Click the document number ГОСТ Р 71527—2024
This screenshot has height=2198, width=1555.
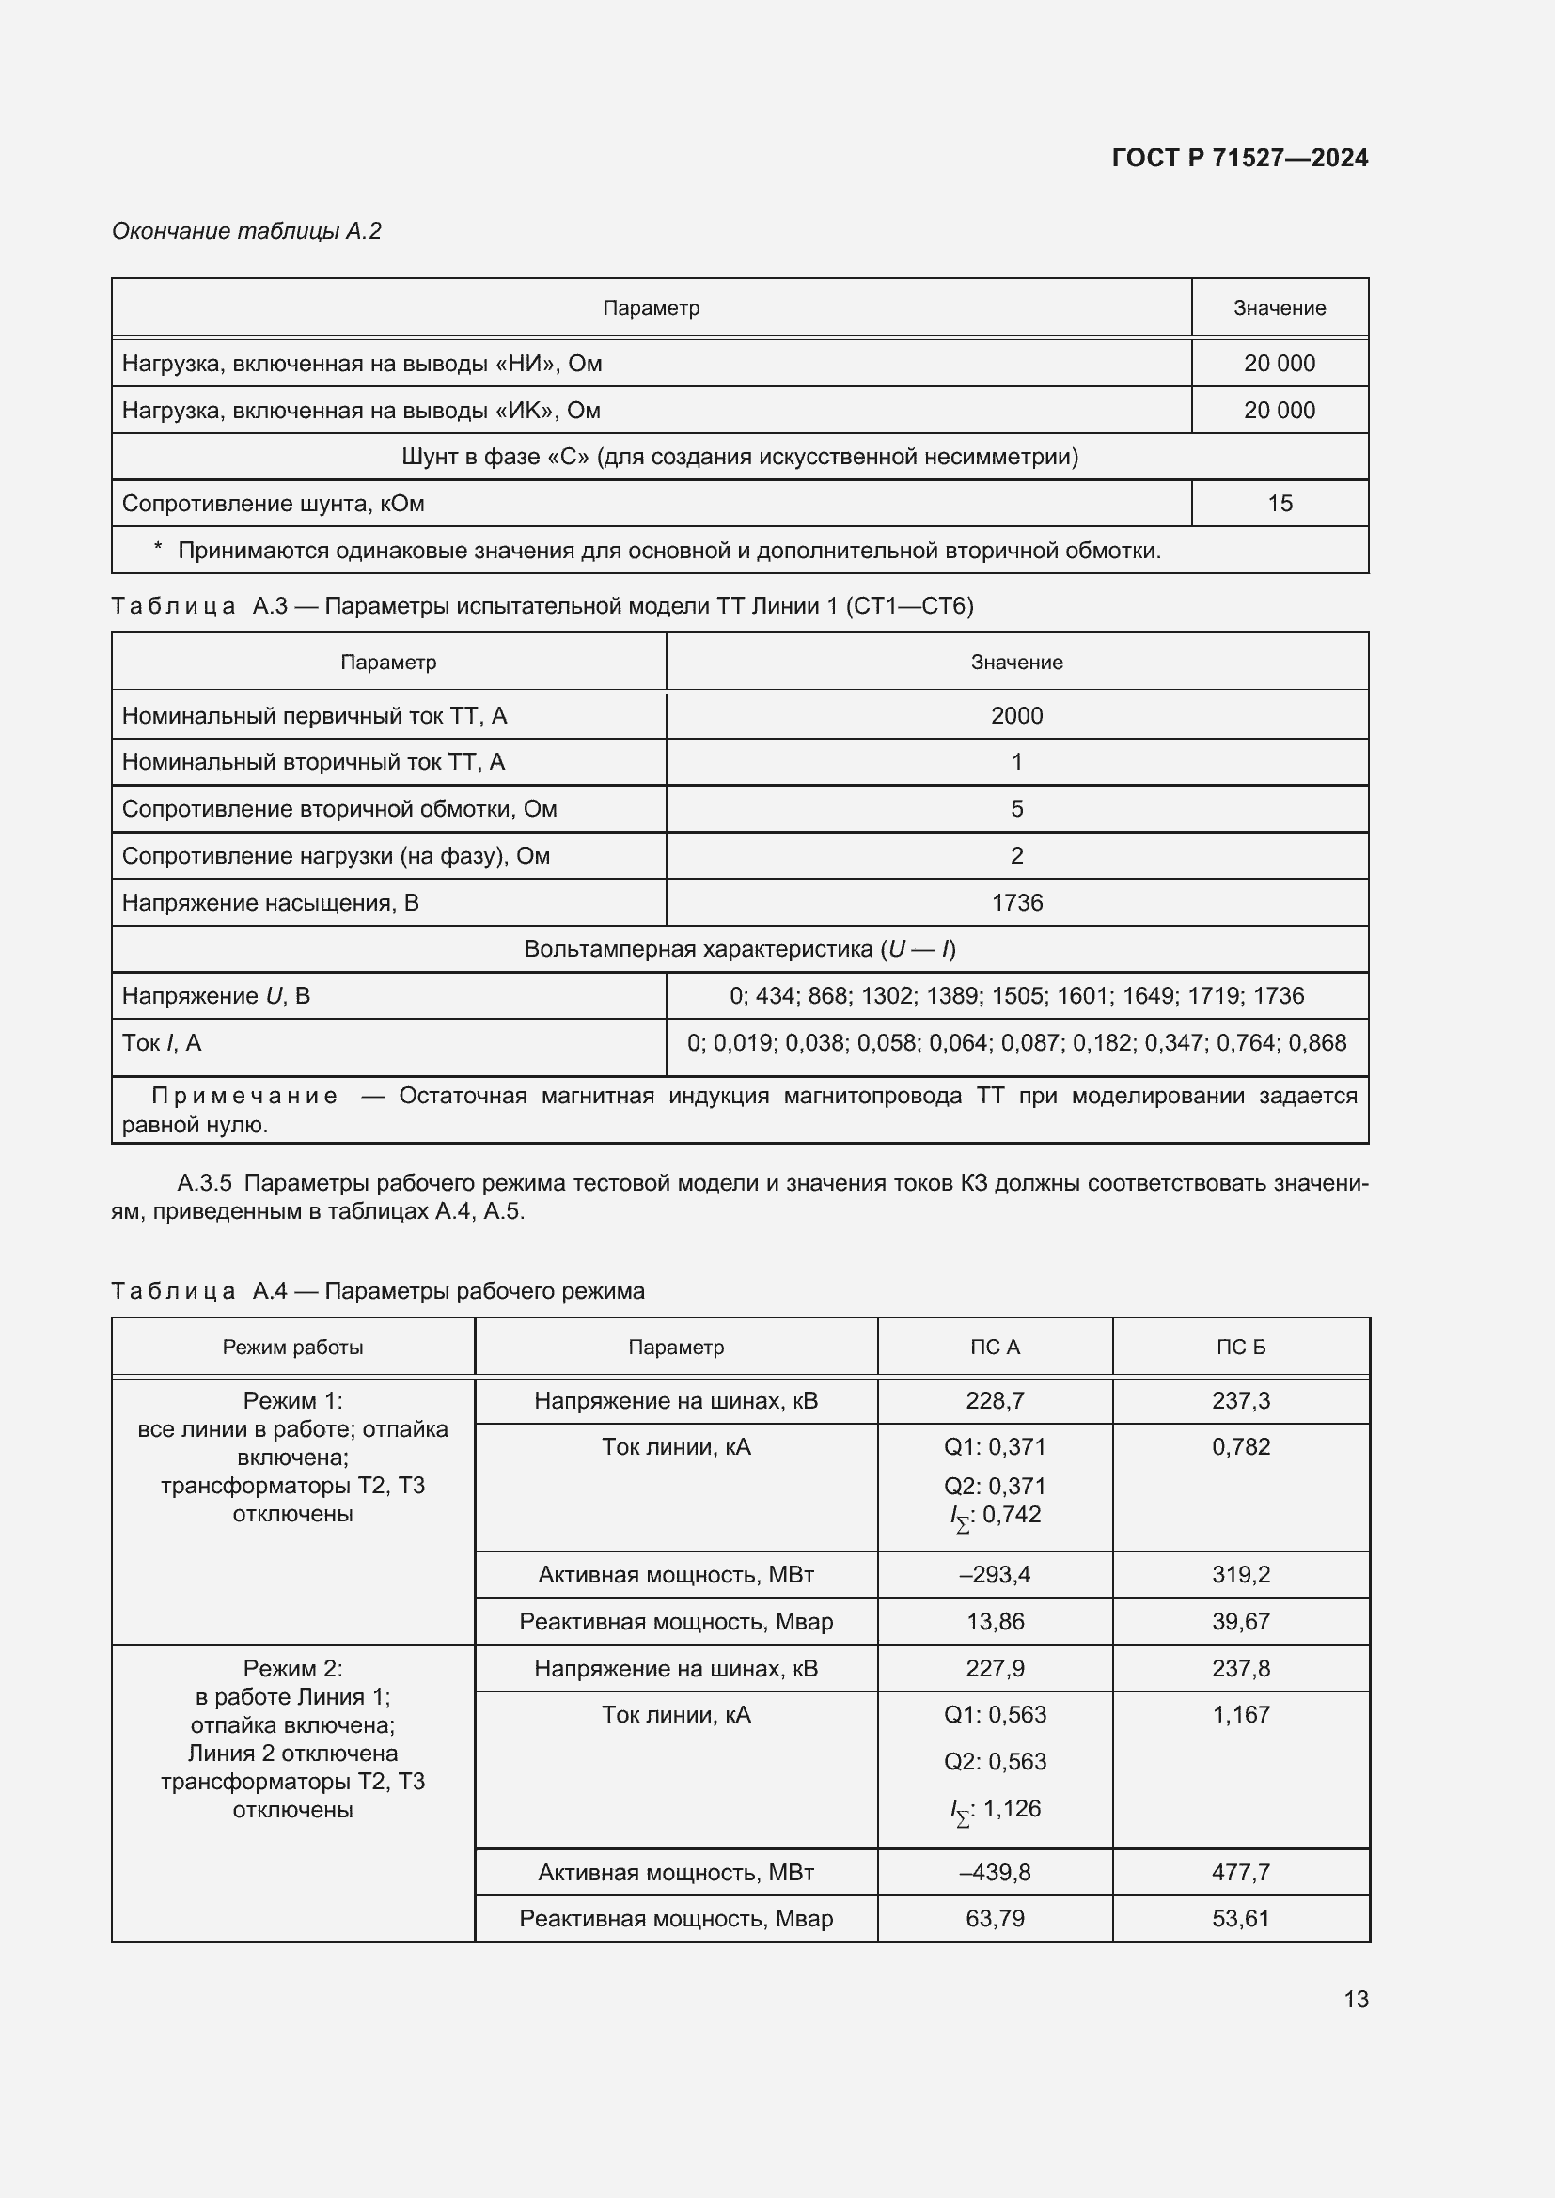1239,158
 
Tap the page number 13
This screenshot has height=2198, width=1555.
1355,1999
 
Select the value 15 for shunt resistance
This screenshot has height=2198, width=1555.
1280,504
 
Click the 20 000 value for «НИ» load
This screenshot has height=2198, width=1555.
1280,364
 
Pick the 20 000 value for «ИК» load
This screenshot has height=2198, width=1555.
1280,411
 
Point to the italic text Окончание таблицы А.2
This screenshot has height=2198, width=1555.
246,231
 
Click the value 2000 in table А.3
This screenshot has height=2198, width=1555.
1016,716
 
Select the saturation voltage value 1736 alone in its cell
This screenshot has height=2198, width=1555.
1016,903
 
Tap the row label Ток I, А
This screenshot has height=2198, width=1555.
162,1042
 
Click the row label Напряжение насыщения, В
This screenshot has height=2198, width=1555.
270,903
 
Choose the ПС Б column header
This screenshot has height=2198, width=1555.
1240,1347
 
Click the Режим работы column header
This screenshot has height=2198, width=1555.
293,1347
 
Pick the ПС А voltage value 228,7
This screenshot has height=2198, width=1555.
994,1400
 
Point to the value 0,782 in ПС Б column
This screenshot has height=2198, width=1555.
1240,1446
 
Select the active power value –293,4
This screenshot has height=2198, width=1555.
994,1575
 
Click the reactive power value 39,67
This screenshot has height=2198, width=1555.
1240,1622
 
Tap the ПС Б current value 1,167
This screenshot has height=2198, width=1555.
1240,1715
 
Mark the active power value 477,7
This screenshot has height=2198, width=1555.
1240,1872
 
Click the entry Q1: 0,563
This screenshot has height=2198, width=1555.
994,1715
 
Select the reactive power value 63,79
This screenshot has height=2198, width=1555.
994,1919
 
